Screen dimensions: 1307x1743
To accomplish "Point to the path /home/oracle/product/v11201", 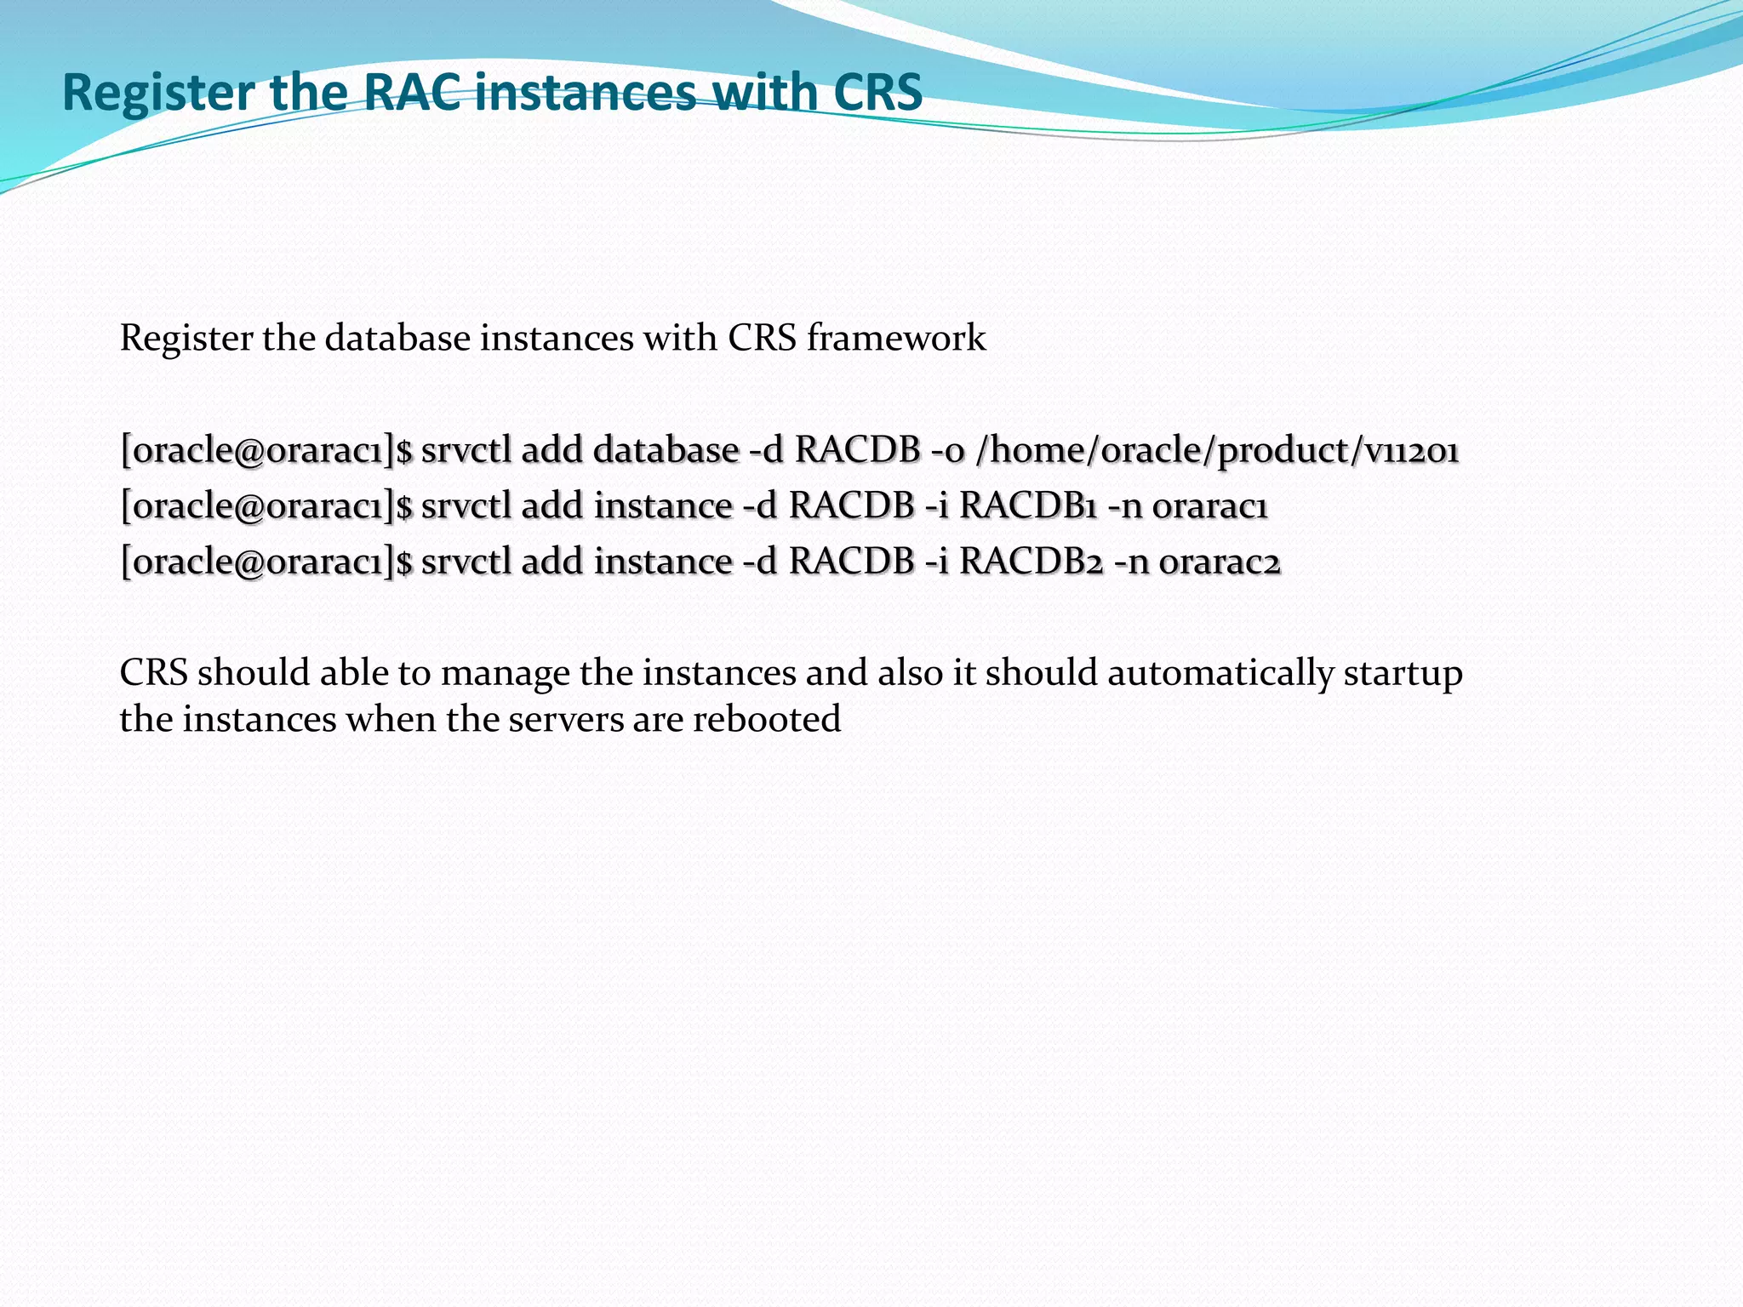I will pyautogui.click(x=1217, y=451).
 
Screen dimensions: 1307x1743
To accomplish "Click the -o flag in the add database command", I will pyautogui.click(x=947, y=451).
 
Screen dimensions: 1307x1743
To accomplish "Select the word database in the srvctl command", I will pyautogui.click(x=666, y=451).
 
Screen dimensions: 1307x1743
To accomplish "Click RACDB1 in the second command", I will pyautogui.click(x=1027, y=506).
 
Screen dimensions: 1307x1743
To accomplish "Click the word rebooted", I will pyautogui.click(x=766, y=720).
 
